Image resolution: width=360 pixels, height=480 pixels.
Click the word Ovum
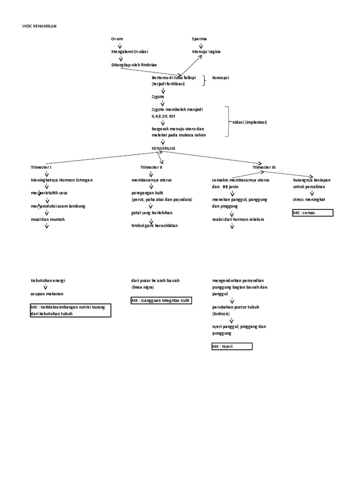117,38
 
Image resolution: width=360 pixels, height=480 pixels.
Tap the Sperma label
199,38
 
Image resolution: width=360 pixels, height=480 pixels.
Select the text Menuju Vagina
206,52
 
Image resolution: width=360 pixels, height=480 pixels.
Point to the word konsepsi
221,77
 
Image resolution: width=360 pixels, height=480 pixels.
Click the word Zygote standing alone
158,96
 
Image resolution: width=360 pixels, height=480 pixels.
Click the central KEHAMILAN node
163,148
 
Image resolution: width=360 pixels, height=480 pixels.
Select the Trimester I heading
41,167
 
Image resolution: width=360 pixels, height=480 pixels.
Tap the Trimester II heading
151,167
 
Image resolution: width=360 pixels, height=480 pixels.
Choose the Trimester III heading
264,167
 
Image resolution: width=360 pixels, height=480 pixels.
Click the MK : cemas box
312,213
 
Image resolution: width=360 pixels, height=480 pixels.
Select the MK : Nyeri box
232,346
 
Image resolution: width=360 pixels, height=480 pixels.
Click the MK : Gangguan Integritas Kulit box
162,300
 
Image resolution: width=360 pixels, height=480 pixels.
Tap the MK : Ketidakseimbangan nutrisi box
70,310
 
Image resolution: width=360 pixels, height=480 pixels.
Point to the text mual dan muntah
48,219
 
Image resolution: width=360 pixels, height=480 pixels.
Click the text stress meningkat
309,199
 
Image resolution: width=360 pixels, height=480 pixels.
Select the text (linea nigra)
142,287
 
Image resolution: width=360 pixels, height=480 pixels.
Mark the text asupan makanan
47,293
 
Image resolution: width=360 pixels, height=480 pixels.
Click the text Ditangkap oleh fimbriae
135,65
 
